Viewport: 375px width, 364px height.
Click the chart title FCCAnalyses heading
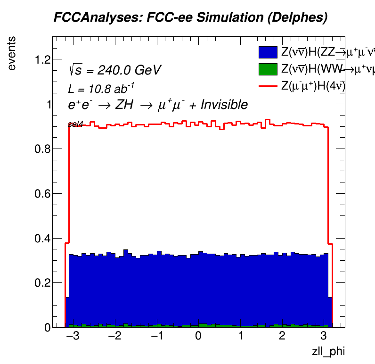click(190, 18)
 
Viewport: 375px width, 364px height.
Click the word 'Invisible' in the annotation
click(224, 105)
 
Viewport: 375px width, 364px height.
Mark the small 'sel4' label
click(75, 124)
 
